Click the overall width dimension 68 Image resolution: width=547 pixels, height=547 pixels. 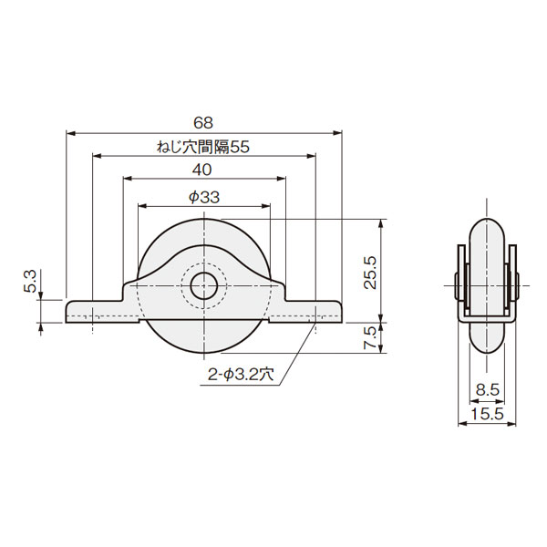click(203, 123)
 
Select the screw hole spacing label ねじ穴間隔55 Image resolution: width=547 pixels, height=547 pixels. click(203, 147)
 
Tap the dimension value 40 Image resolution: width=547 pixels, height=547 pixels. click(202, 170)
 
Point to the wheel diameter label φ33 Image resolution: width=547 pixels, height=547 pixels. click(204, 198)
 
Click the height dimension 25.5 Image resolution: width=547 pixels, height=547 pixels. click(370, 273)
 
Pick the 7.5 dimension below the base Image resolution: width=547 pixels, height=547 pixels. click(370, 337)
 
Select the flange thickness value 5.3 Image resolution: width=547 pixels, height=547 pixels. click(30, 281)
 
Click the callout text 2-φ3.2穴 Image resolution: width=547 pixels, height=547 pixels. click(241, 375)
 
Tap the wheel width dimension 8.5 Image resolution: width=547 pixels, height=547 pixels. click(488, 389)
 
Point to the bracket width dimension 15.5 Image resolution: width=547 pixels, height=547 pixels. click(487, 414)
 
